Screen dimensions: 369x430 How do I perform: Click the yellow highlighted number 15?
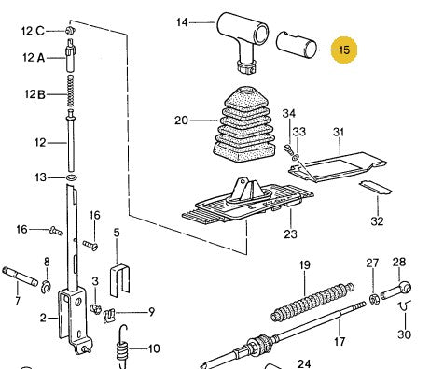pyautogui.click(x=345, y=50)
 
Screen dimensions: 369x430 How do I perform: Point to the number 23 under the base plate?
pyautogui.click(x=290, y=235)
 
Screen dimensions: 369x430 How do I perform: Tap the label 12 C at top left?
pyautogui.click(x=34, y=30)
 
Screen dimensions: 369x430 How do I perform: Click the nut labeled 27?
pyautogui.click(x=372, y=298)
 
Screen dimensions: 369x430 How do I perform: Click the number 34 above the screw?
pyautogui.click(x=289, y=114)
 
